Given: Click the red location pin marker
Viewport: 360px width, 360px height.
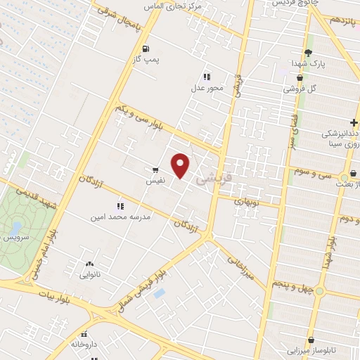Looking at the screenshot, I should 181,165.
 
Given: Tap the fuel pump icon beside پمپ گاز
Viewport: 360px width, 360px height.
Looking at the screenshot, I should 146,49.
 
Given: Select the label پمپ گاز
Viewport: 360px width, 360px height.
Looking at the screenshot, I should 148,60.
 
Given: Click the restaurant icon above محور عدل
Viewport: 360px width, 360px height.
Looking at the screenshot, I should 206,77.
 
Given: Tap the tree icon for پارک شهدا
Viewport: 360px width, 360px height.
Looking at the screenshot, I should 308,53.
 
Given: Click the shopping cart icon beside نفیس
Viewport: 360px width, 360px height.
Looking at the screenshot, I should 155,170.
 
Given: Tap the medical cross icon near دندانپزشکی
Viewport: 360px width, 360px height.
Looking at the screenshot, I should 354,122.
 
